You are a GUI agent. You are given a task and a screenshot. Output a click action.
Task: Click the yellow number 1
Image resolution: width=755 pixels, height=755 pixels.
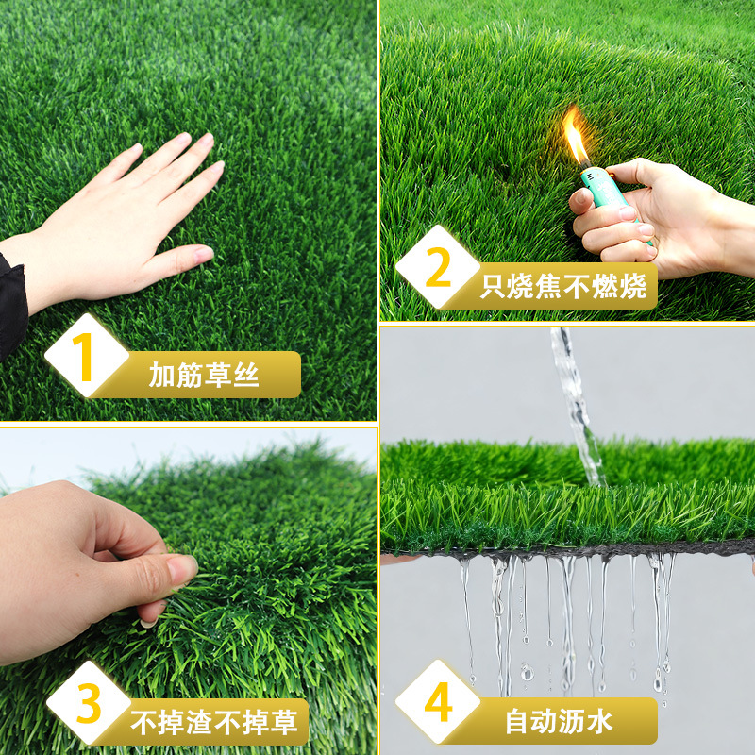(83, 357)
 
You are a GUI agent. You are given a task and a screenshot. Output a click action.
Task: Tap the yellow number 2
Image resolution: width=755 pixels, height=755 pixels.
(438, 267)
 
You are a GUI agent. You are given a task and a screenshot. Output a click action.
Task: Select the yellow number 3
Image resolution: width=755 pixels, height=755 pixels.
(89, 703)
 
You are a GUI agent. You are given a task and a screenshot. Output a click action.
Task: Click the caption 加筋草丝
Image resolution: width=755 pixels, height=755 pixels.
(204, 375)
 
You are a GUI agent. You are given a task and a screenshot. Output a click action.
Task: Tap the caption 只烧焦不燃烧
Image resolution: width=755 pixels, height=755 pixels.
(563, 287)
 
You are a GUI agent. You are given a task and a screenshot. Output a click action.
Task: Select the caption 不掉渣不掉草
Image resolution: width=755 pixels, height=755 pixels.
(214, 722)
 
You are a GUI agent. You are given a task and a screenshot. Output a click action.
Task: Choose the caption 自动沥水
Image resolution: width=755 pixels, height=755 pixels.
(559, 721)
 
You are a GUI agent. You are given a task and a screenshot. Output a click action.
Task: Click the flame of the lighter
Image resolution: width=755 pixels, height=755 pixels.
(576, 135)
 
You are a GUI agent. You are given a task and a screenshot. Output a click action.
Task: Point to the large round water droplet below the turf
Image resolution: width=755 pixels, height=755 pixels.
(528, 671)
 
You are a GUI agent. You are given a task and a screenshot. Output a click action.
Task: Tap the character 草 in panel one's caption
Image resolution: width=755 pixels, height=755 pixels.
(218, 375)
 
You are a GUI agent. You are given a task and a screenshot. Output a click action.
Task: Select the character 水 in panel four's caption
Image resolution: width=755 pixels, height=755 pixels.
(600, 721)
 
